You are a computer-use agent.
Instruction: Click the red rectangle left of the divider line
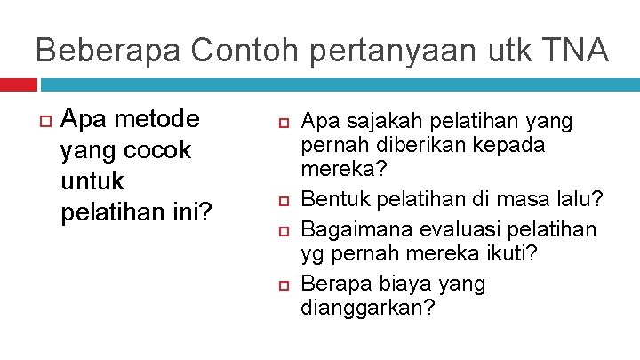[19, 84]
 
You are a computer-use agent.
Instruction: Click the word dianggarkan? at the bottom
[368, 308]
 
